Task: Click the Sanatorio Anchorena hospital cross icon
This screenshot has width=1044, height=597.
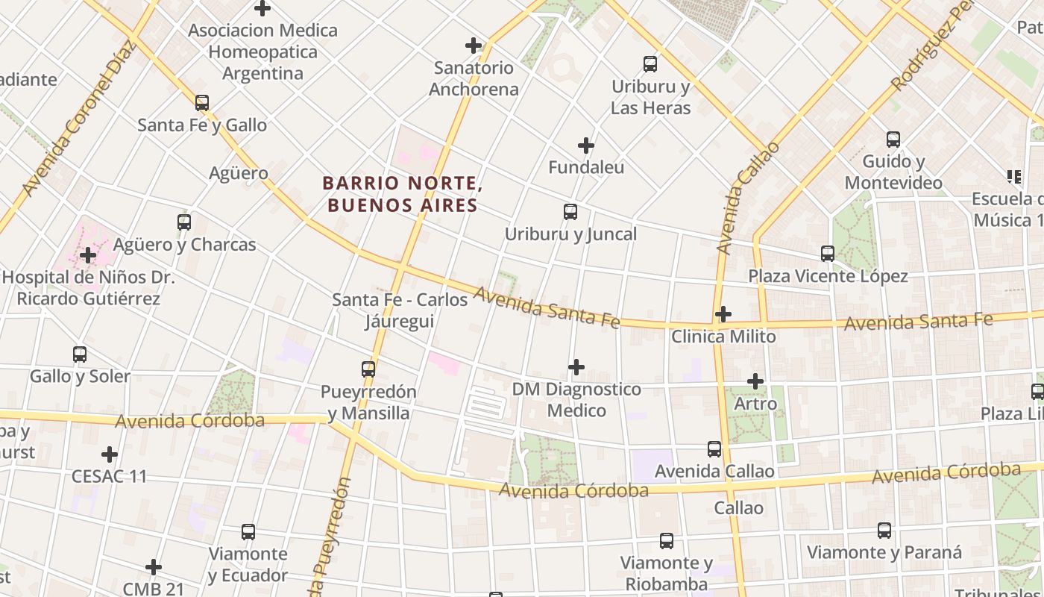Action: click(x=473, y=46)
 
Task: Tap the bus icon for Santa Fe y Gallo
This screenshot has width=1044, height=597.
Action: click(x=202, y=103)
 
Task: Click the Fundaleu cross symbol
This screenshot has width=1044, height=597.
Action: click(x=586, y=145)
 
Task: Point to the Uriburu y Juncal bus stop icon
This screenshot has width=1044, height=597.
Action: click(x=570, y=212)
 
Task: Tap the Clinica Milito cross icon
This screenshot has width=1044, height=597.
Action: click(x=723, y=314)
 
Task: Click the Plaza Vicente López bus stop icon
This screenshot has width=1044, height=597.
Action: click(x=828, y=254)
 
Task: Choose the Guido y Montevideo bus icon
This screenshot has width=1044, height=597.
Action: click(x=893, y=140)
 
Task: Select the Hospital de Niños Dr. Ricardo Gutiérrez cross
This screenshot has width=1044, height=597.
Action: click(x=88, y=255)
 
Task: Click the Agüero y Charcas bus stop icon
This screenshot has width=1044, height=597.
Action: click(x=184, y=222)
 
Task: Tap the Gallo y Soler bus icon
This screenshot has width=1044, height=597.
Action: click(x=80, y=354)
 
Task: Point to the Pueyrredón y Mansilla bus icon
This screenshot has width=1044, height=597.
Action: click(x=368, y=369)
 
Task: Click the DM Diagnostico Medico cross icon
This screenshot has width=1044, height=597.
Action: click(x=576, y=367)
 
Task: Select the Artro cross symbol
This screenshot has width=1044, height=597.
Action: click(x=755, y=381)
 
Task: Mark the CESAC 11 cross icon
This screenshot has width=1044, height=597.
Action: click(x=110, y=454)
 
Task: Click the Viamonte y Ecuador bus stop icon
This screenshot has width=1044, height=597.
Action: click(x=248, y=532)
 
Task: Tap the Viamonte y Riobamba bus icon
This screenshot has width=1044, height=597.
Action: click(x=667, y=541)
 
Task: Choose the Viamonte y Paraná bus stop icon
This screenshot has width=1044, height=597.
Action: click(x=884, y=531)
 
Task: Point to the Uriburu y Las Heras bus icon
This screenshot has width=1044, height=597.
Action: click(x=650, y=64)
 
